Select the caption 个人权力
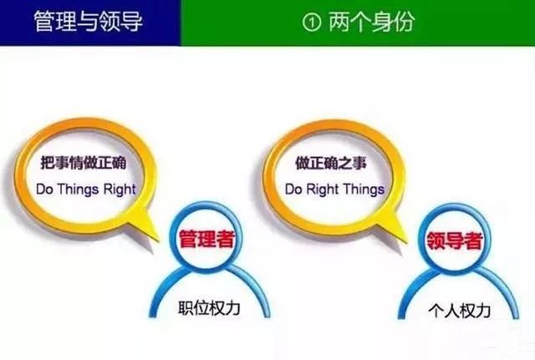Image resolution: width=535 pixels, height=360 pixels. pyautogui.click(x=458, y=312)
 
